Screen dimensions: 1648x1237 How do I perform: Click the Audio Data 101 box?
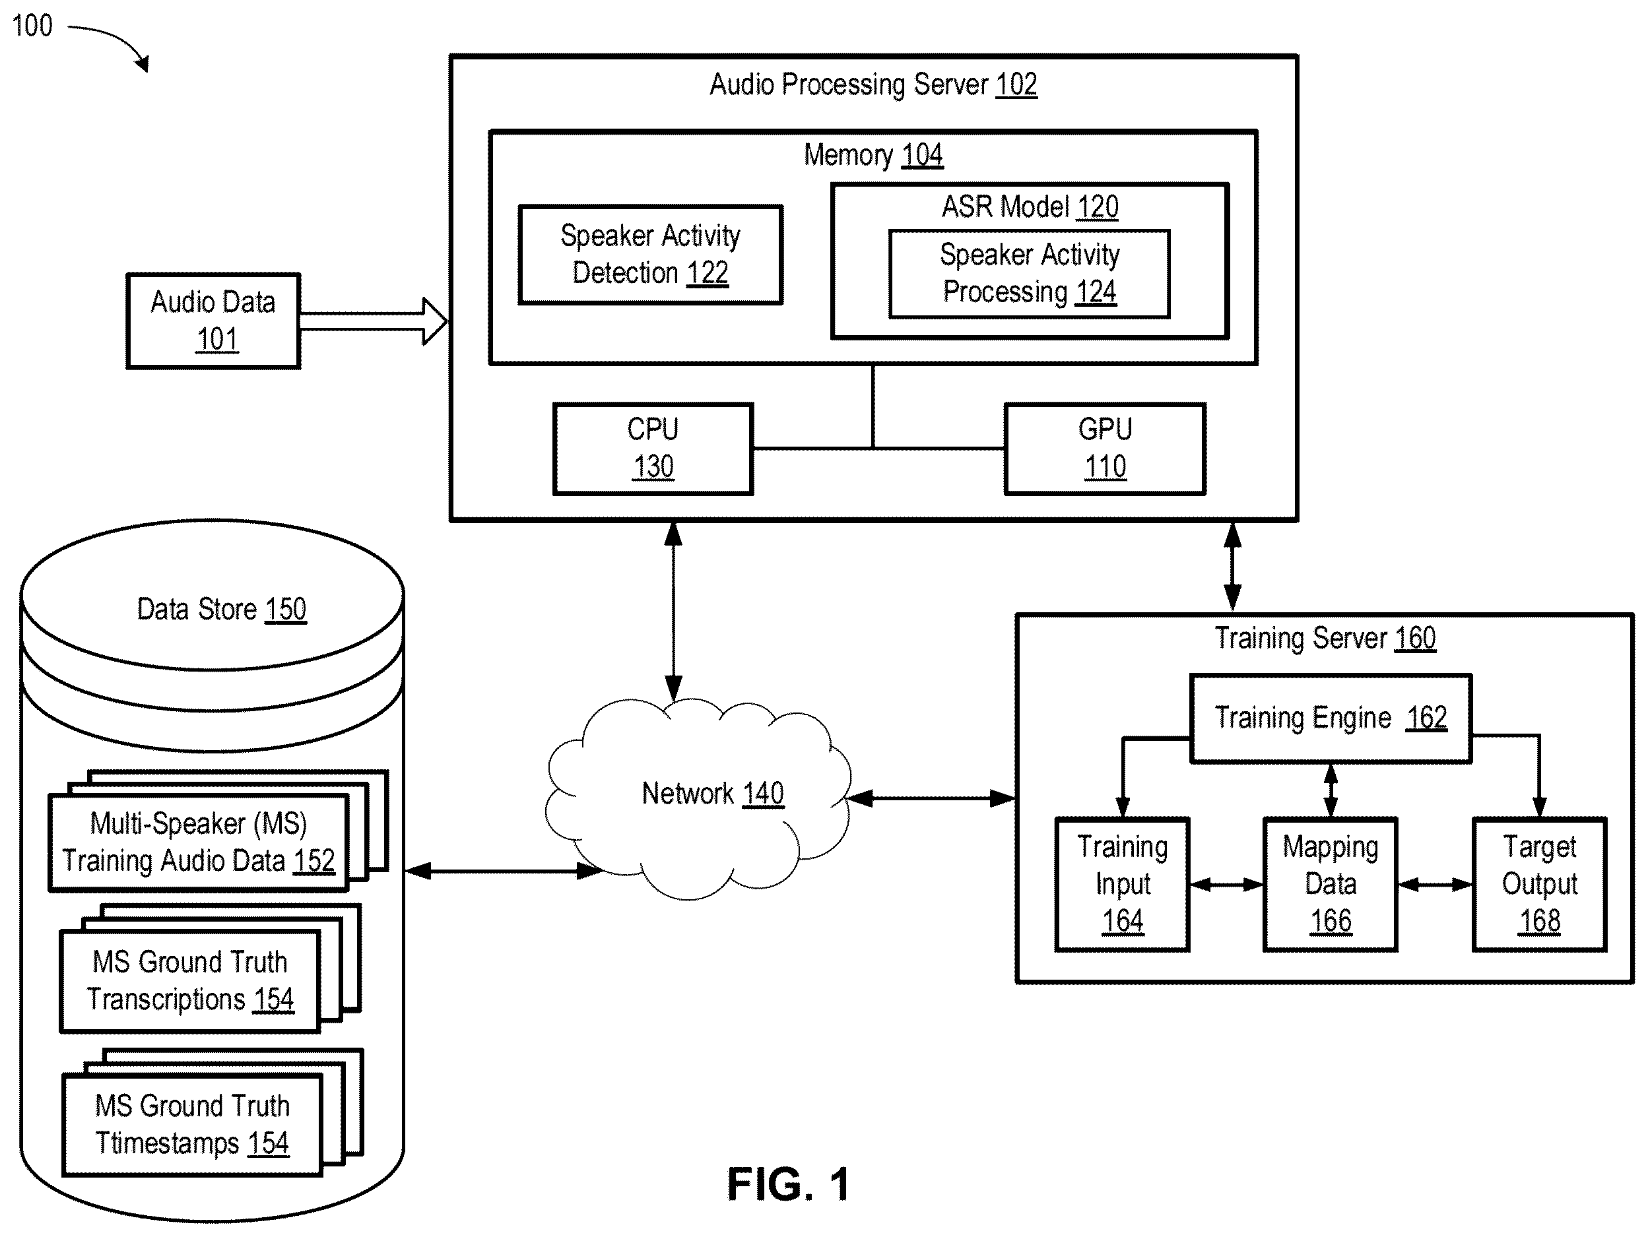(213, 321)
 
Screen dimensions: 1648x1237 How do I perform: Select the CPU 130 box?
(653, 449)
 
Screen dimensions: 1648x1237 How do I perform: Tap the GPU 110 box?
(1105, 449)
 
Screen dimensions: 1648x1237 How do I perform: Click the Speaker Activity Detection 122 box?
(650, 255)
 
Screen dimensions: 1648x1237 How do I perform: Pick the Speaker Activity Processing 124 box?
(1030, 274)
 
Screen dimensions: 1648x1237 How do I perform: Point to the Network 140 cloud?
(698, 798)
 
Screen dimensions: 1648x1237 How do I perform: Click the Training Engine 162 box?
(1331, 718)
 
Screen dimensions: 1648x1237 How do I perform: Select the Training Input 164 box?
(1122, 885)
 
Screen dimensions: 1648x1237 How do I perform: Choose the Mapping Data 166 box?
(1330, 885)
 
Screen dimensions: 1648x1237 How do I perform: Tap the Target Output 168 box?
(1539, 885)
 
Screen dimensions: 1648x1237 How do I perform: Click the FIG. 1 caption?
(788, 1184)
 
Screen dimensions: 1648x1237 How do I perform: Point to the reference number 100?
(32, 26)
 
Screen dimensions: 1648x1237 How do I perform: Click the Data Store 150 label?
(221, 609)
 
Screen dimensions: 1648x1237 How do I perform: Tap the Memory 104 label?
(873, 155)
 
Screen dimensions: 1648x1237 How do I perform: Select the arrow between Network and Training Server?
(932, 798)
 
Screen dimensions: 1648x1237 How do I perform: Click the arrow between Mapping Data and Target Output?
(1435, 885)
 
